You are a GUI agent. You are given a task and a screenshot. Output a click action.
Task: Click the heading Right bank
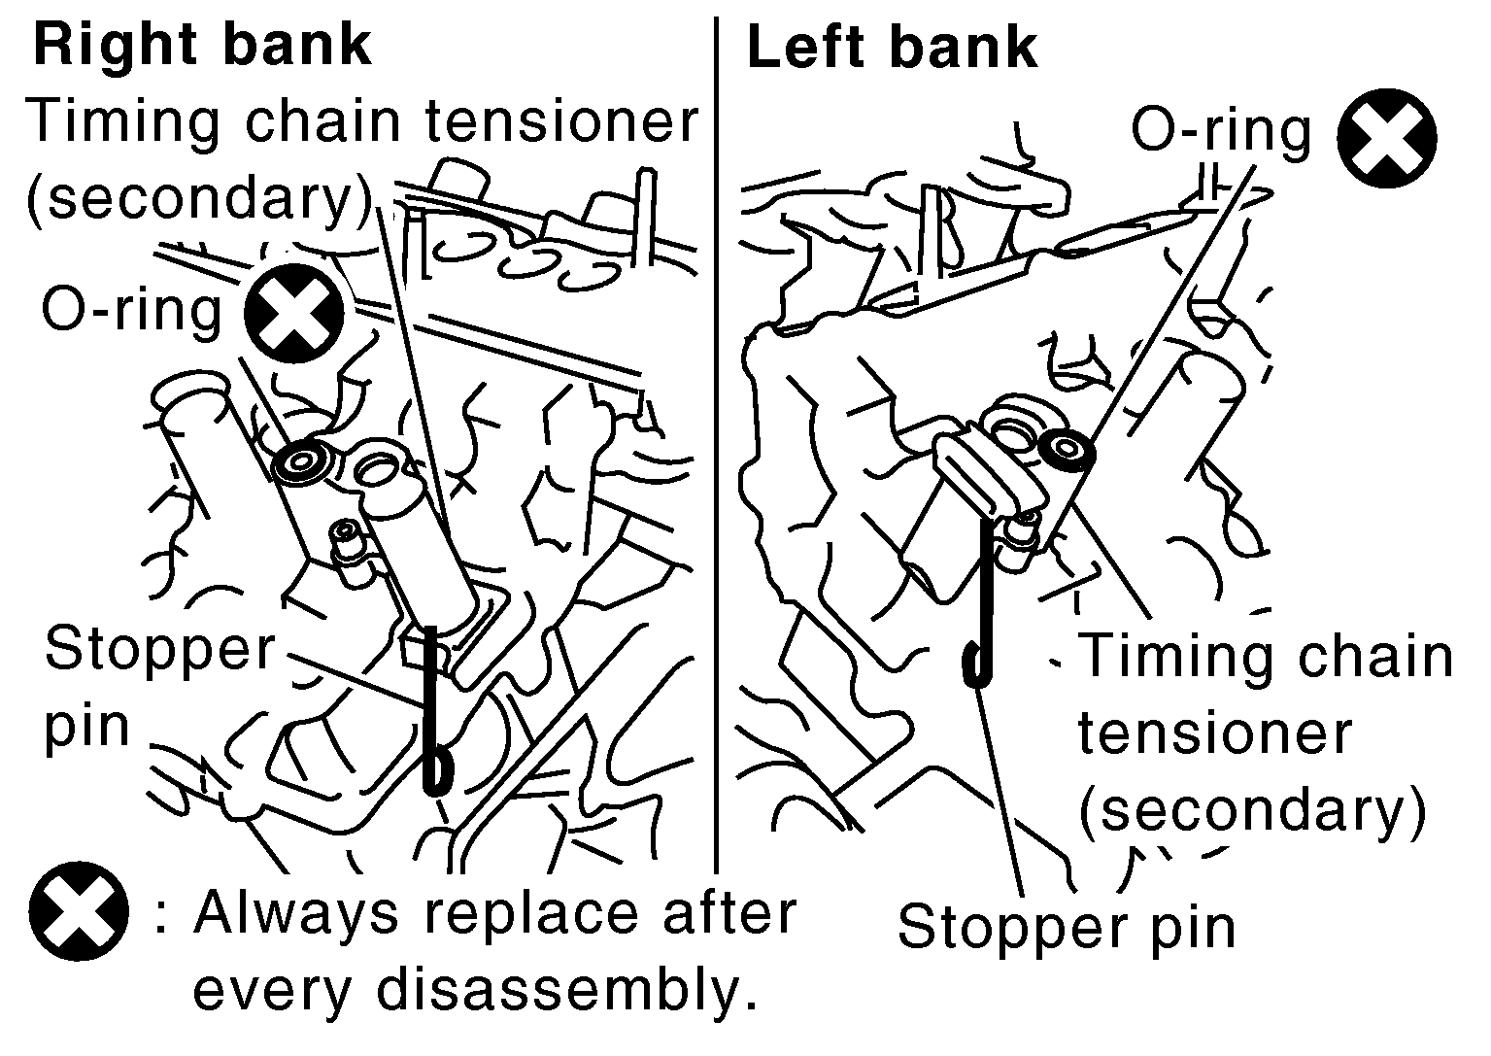pos(202,47)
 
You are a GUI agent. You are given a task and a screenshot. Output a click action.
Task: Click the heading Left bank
pos(892,48)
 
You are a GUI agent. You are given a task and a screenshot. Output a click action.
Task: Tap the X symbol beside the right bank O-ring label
pos(294,313)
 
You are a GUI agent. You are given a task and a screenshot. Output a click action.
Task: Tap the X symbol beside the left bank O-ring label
pos(1386,138)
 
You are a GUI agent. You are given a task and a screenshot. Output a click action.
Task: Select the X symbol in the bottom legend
pos(79,911)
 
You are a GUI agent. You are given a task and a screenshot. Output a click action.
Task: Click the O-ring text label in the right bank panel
pos(131,312)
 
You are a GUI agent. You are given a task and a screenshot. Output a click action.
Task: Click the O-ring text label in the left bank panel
pos(1221,132)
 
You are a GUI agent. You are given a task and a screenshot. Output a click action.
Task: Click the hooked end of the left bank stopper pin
pos(976,664)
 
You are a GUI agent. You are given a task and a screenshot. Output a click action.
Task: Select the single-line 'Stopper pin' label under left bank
pos(1067,928)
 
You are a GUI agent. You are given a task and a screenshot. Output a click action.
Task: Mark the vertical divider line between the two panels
pos(716,445)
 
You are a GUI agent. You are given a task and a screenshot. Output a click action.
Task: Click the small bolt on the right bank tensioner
pos(347,533)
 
